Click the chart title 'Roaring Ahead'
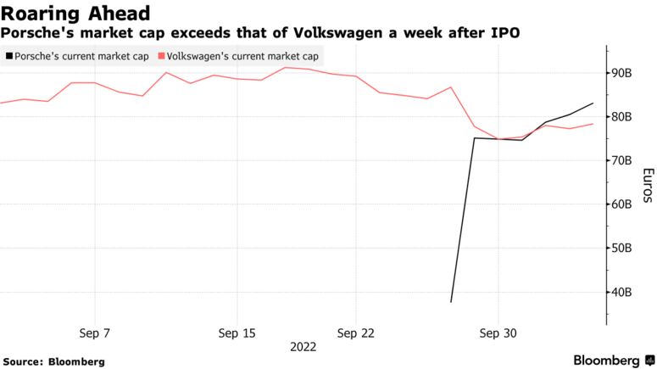pos(76,13)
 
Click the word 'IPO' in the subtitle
pos(505,33)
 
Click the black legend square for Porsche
pos(8,56)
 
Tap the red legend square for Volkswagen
pos(161,56)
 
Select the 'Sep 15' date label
pos(237,333)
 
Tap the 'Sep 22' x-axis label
pos(356,333)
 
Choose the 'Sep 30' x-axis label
pos(498,333)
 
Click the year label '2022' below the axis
pos(303,347)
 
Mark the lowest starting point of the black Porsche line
pos(451,301)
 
